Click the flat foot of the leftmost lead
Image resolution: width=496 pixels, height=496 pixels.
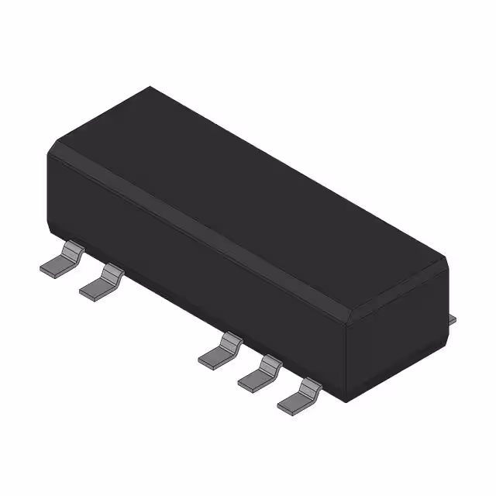point(55,266)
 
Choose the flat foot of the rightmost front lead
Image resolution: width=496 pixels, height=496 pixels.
point(291,401)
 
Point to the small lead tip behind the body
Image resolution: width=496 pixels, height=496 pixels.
point(453,317)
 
